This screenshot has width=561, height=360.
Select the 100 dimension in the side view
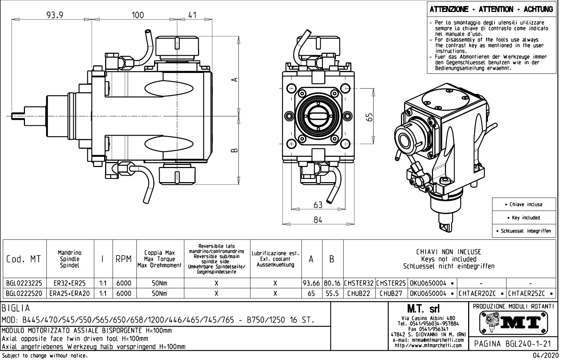tap(138, 15)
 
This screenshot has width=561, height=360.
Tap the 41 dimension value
tap(192, 15)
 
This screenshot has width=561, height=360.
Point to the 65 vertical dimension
tap(369, 116)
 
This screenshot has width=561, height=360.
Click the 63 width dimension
tap(318, 205)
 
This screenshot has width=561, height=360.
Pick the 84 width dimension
tap(318, 220)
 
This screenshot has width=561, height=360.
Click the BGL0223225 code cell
tap(24, 283)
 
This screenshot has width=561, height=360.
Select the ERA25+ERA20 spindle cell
tap(70, 293)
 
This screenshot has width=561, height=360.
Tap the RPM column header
tap(124, 259)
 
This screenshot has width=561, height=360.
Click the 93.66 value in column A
tap(312, 283)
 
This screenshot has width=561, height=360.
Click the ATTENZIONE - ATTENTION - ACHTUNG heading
tap(491, 9)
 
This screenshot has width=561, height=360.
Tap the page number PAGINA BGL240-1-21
tap(512, 343)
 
